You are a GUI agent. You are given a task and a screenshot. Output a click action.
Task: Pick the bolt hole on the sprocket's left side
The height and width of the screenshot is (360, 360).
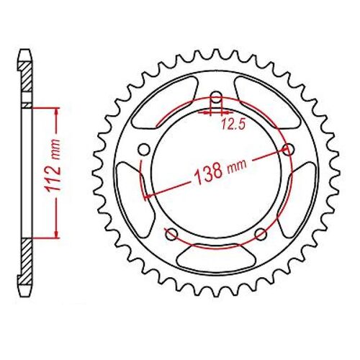click(143, 150)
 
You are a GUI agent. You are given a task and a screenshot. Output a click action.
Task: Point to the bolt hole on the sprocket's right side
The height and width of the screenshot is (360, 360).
click(290, 150)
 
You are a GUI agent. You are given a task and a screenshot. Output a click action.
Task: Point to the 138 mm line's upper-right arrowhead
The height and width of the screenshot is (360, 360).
click(287, 152)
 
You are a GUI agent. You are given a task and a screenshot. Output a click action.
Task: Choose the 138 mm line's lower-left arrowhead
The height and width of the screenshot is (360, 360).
click(148, 193)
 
